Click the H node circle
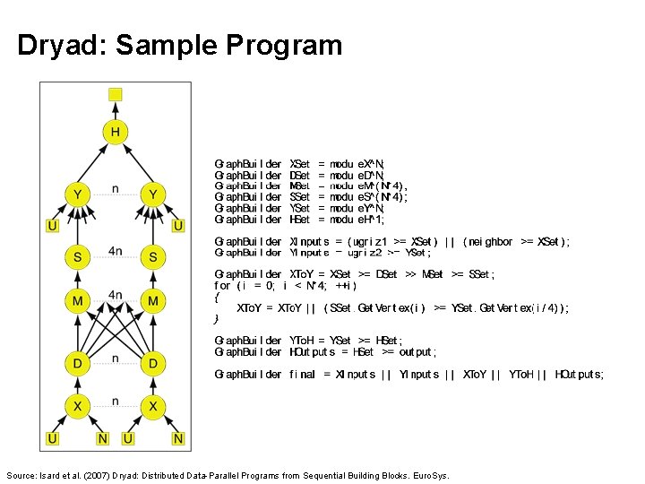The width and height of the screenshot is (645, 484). [x=116, y=134]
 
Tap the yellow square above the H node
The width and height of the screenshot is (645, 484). [x=116, y=94]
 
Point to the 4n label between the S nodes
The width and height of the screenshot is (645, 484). [x=116, y=251]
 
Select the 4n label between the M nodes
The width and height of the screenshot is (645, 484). [x=116, y=294]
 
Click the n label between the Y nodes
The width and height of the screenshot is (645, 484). [x=116, y=189]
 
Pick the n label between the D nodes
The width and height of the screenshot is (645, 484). [x=116, y=358]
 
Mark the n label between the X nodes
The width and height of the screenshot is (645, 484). [x=116, y=402]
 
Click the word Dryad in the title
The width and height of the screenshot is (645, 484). [x=58, y=45]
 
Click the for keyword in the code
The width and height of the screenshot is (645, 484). [x=223, y=286]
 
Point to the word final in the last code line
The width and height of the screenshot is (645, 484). [x=302, y=375]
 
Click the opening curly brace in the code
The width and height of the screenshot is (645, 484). [x=217, y=297]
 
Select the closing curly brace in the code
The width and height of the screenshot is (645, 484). [x=217, y=319]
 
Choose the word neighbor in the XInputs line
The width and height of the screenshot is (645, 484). [x=489, y=242]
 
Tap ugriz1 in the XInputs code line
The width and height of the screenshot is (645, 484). [x=371, y=242]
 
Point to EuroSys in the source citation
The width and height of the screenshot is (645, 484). [x=430, y=475]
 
